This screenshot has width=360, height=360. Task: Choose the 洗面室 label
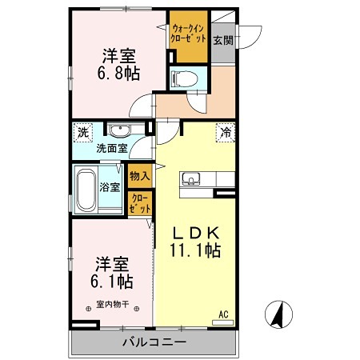tap(112, 148)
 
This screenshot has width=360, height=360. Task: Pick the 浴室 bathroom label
tap(110, 187)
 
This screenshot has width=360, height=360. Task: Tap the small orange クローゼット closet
tap(139, 203)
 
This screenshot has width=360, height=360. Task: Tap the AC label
tap(225, 315)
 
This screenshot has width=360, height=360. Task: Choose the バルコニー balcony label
tap(154, 342)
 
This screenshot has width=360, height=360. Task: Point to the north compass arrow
tap(277, 314)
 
